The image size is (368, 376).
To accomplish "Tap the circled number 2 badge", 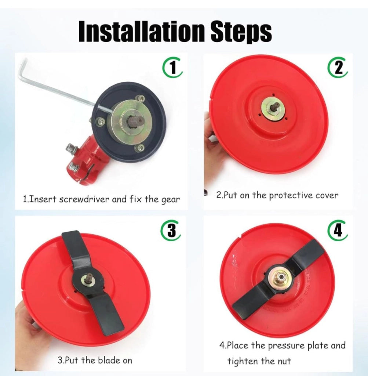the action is (338, 68).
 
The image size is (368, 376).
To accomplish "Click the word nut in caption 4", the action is (283, 361).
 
